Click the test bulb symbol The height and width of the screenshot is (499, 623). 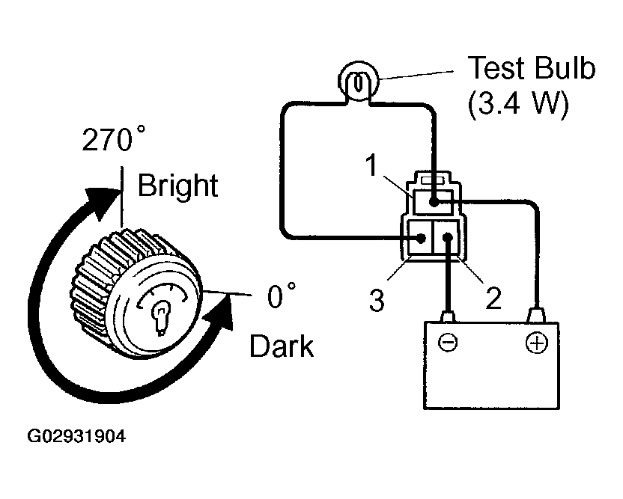pyautogui.click(x=359, y=82)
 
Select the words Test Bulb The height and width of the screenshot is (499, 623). pyautogui.click(x=532, y=68)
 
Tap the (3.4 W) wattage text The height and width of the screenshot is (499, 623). pyautogui.click(x=519, y=104)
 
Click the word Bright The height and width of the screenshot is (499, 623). pyautogui.click(x=178, y=186)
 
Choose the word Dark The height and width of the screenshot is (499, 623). pyautogui.click(x=282, y=346)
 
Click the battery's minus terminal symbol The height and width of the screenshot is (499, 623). pyautogui.click(x=448, y=342)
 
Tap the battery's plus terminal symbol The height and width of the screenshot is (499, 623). pyautogui.click(x=536, y=343)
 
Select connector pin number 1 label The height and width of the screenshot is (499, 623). pyautogui.click(x=371, y=165)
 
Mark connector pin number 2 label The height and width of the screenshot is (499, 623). pyautogui.click(x=493, y=299)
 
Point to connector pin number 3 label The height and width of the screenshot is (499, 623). pyautogui.click(x=377, y=300)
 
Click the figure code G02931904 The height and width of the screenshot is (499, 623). pyautogui.click(x=76, y=436)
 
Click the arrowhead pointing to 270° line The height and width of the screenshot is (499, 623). pyautogui.click(x=104, y=202)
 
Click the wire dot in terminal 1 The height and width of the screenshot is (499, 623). pyautogui.click(x=434, y=203)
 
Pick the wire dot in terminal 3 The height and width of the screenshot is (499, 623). pyautogui.click(x=421, y=239)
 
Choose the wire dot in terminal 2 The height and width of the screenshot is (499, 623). pyautogui.click(x=448, y=238)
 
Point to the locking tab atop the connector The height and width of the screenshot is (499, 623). pyautogui.click(x=433, y=180)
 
